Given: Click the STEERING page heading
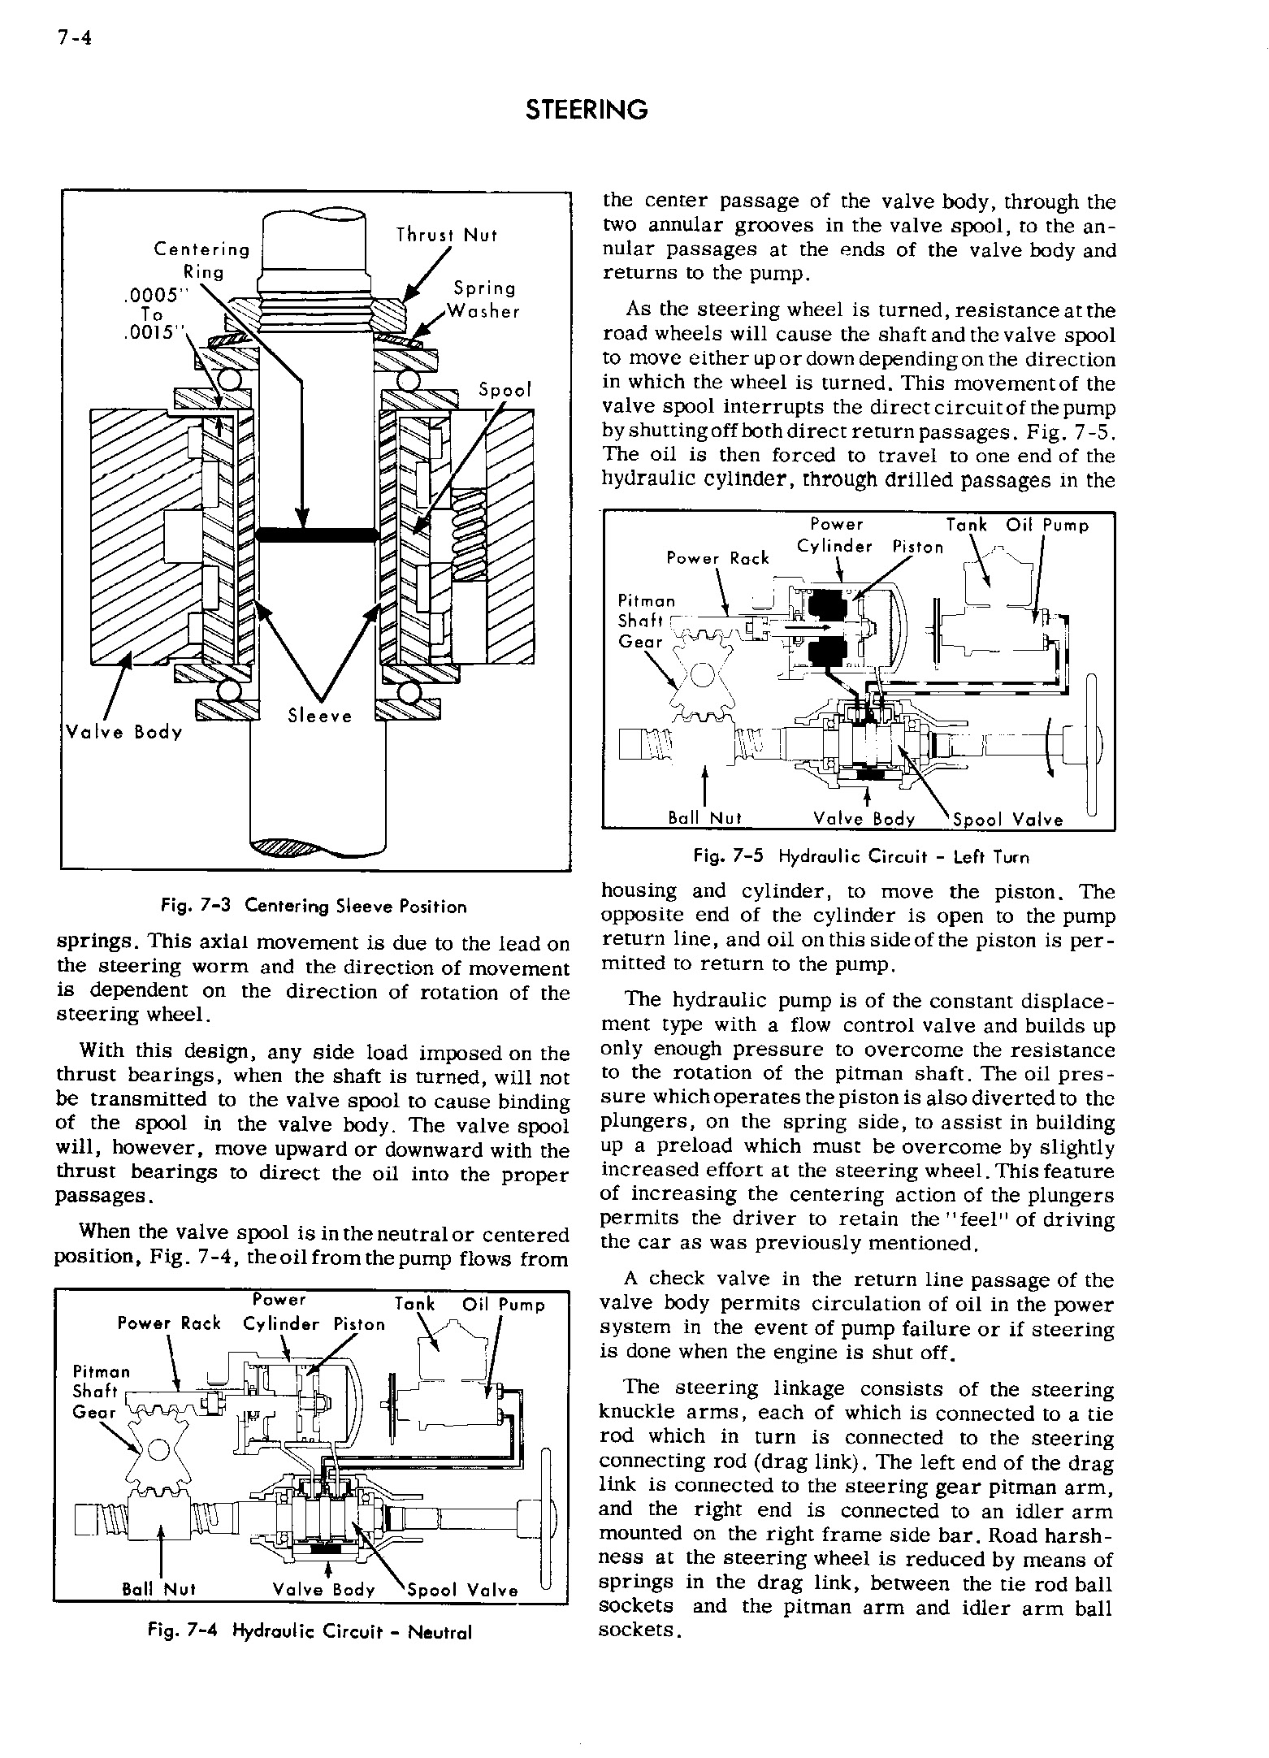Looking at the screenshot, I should point(587,110).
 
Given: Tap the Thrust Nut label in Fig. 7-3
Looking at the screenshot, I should point(446,236).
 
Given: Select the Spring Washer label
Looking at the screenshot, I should point(485,300).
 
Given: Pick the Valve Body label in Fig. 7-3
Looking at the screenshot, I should point(123,732).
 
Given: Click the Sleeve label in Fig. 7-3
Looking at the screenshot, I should point(320,716).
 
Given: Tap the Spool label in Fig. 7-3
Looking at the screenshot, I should point(505,390).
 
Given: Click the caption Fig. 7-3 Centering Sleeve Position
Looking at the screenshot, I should point(315,906).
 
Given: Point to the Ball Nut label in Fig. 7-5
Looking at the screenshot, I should point(704,818).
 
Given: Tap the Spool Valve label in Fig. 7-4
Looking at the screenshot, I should point(462,1591).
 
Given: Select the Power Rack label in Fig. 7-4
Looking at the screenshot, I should point(169,1323).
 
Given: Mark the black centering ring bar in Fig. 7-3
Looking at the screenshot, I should point(318,534).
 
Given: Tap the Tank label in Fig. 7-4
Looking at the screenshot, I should point(414,1305).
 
